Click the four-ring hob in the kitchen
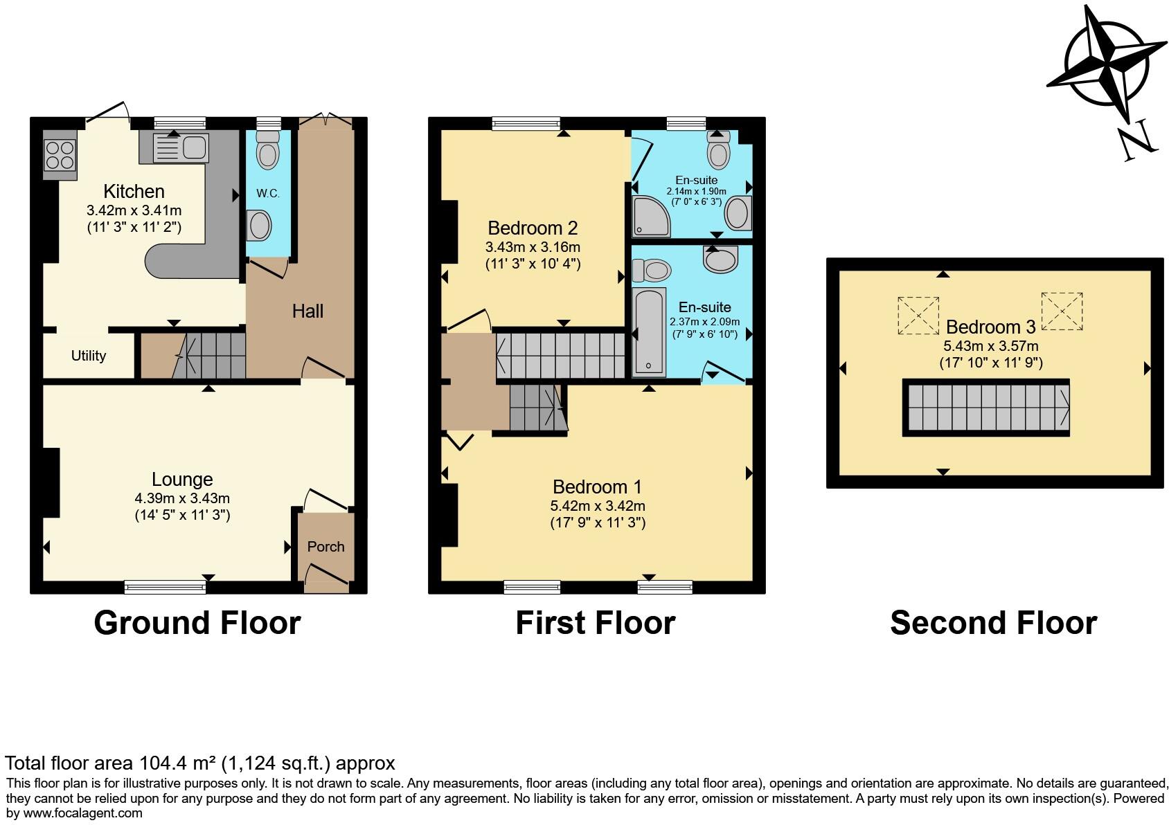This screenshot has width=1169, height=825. point(60,155)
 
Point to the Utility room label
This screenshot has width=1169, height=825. point(89,356)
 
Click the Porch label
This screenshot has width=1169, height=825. point(325,547)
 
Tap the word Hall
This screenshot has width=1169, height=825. point(307,311)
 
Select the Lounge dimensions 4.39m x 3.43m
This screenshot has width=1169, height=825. point(182,498)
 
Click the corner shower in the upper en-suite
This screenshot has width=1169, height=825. point(650,217)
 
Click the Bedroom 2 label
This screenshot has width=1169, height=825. point(532,228)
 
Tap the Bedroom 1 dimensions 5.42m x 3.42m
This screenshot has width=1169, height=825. point(598,506)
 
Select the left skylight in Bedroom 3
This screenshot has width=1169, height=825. point(918,316)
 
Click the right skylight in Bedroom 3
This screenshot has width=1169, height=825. point(1062,311)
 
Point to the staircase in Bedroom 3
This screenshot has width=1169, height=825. point(985,408)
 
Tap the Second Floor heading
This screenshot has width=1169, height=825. point(992,623)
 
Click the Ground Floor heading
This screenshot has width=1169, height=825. point(197,623)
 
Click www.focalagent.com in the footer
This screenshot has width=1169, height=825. point(83,813)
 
